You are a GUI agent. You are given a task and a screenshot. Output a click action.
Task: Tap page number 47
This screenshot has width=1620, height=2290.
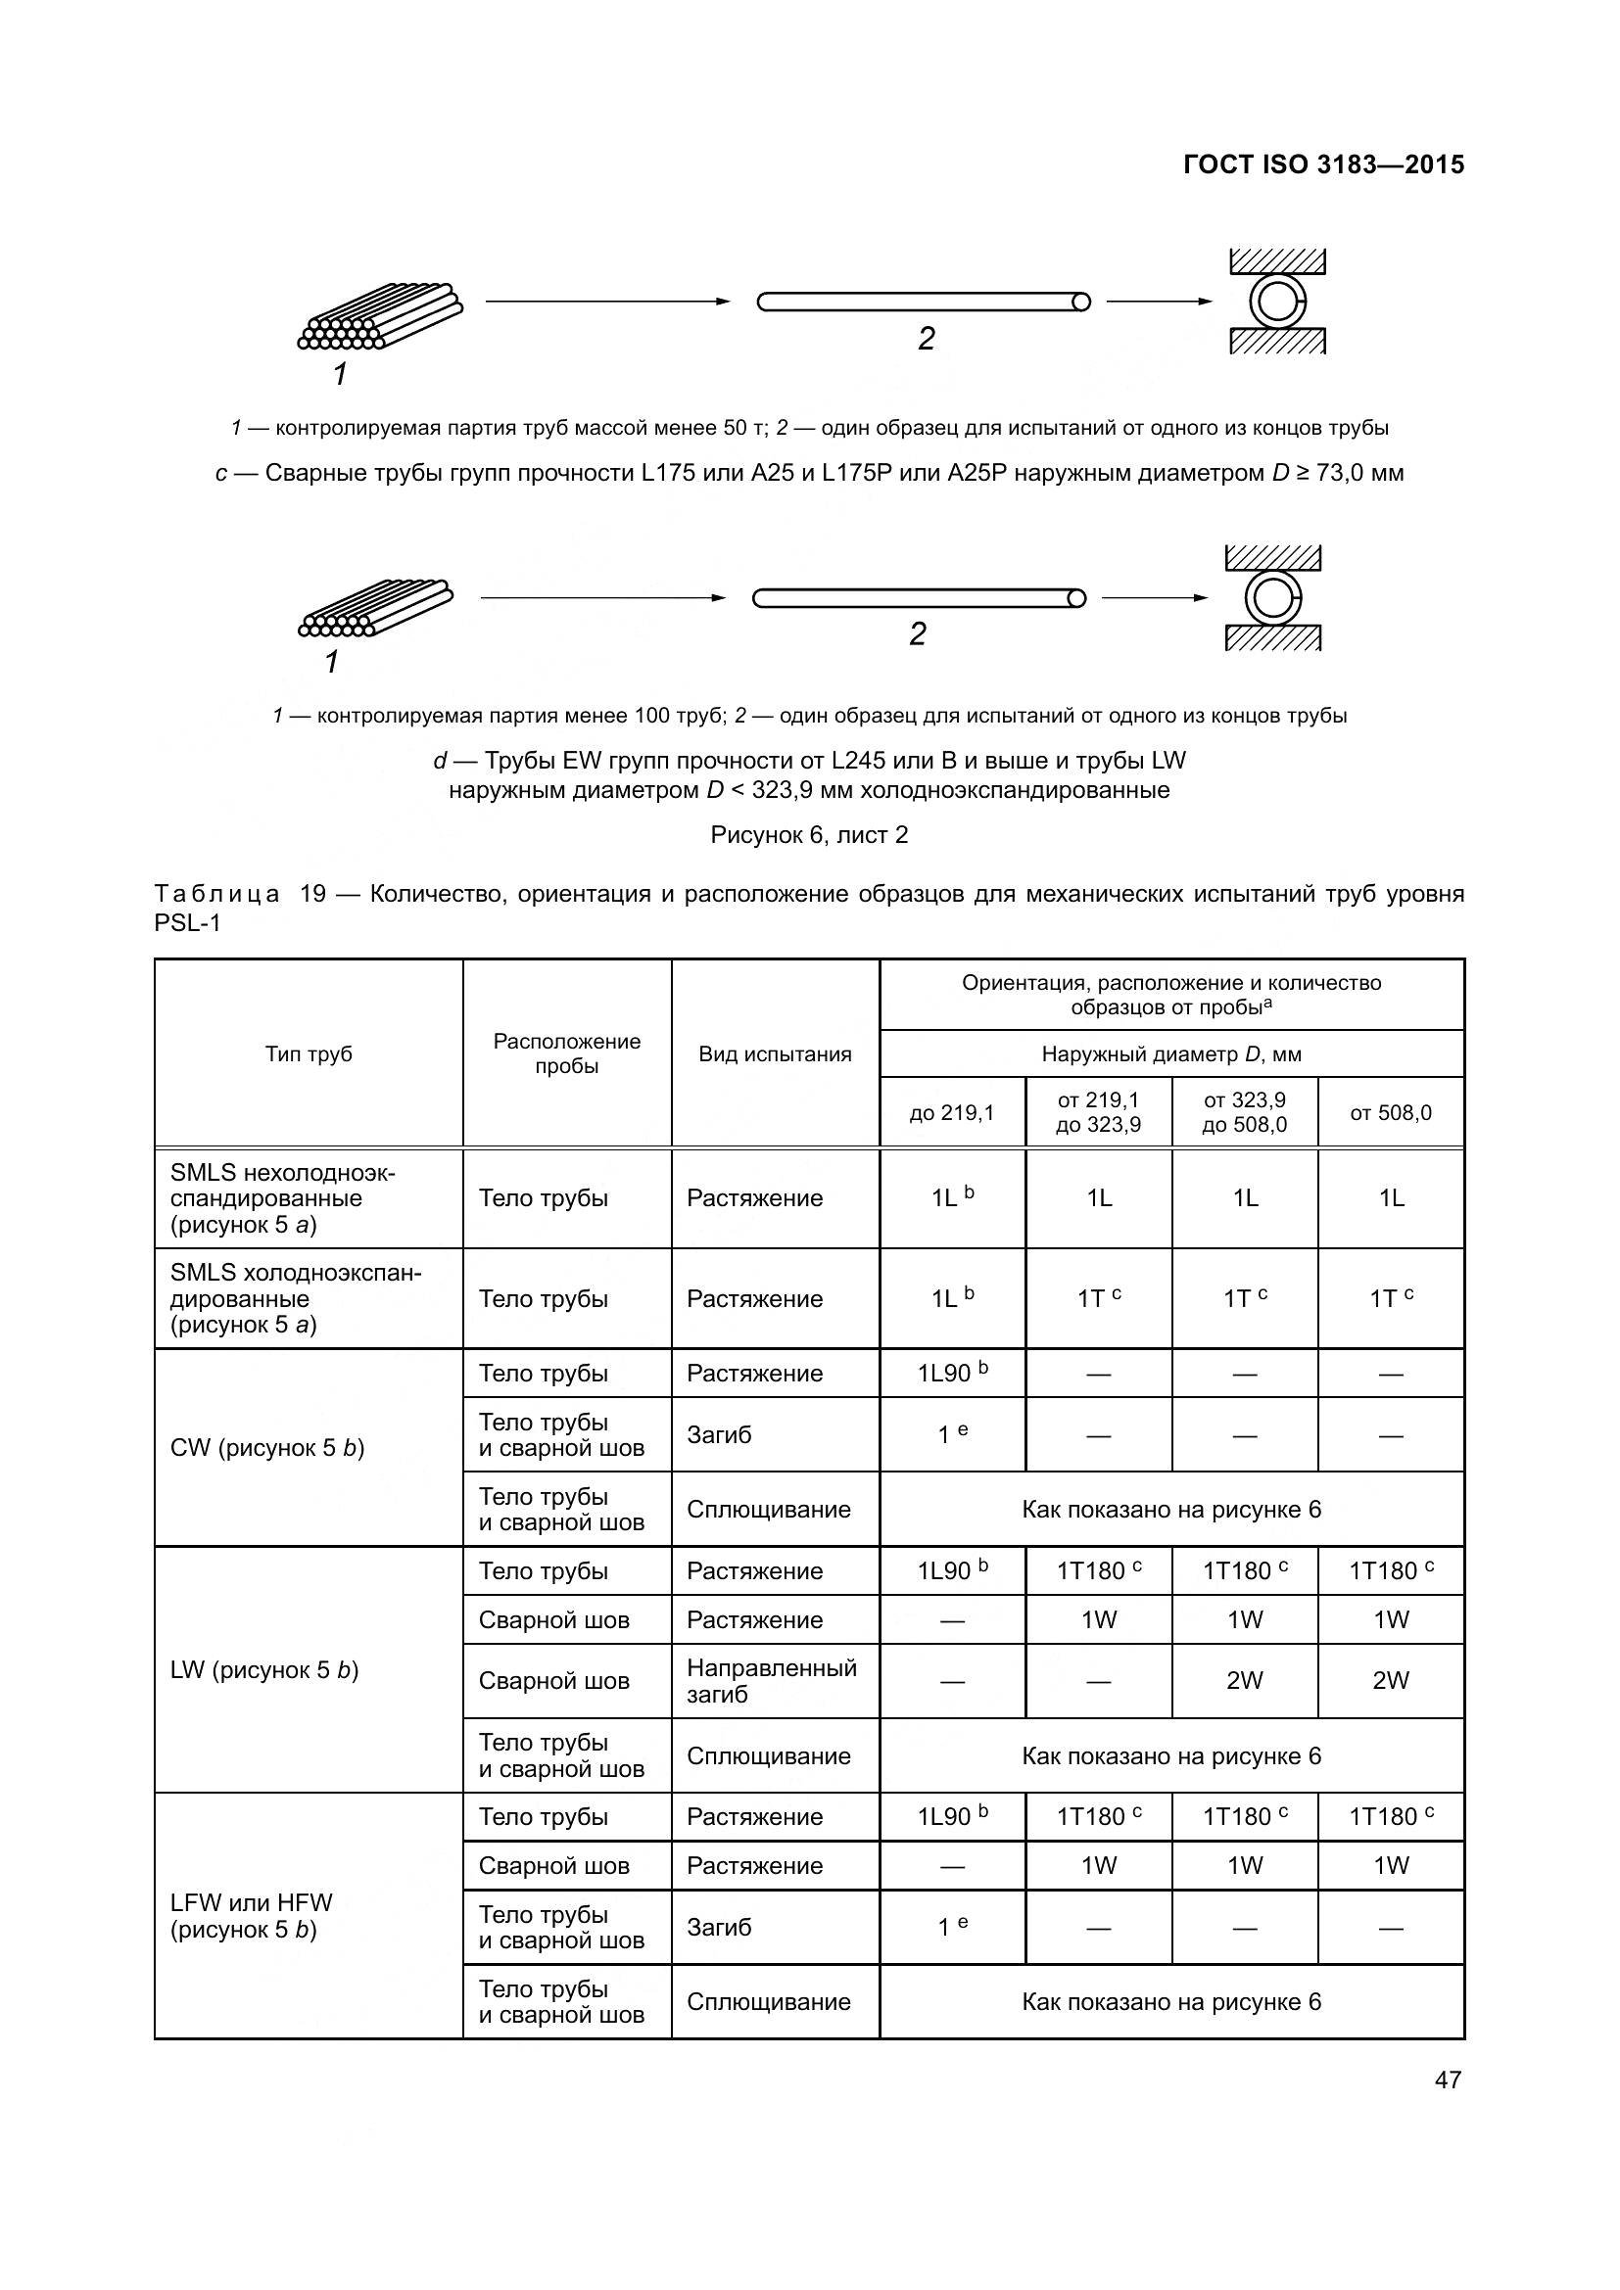[x=1448, y=2080]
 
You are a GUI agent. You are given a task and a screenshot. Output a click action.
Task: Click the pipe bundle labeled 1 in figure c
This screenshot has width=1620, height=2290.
[x=380, y=317]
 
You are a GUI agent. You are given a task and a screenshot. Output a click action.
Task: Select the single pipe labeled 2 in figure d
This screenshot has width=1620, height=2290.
[x=918, y=598]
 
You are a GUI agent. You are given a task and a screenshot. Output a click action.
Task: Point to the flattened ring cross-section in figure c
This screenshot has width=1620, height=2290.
[x=1277, y=302]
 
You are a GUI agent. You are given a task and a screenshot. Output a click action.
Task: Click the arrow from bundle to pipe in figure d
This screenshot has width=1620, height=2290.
[x=601, y=598]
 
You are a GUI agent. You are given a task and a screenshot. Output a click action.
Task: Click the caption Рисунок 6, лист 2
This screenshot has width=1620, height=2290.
[x=809, y=835]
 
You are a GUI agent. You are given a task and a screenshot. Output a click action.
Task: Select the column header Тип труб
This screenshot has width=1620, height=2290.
[x=309, y=1054]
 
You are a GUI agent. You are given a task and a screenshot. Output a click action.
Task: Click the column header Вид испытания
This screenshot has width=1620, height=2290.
[x=774, y=1054]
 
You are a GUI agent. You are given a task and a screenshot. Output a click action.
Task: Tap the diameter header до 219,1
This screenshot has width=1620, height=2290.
[x=952, y=1112]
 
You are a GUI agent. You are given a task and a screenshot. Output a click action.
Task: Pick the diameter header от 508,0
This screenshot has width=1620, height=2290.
[x=1391, y=1112]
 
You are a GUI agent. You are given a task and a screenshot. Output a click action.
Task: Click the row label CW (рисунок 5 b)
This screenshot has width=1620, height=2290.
[x=267, y=1448]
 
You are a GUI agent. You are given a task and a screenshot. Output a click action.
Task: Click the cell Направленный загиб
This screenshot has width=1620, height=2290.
[x=771, y=1681]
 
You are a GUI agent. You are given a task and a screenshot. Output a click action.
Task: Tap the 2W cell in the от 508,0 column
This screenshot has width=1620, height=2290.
[x=1391, y=1681]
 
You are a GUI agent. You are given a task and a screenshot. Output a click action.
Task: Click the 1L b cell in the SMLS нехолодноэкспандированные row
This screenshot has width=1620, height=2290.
[x=952, y=1197]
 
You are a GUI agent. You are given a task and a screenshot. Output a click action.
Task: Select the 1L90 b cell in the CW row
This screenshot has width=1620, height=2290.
[x=952, y=1374]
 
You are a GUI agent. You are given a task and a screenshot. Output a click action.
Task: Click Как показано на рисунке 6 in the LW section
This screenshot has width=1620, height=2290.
[x=1171, y=1755]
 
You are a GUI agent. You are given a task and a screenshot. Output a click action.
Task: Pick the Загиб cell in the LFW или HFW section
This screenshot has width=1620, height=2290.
[x=718, y=1927]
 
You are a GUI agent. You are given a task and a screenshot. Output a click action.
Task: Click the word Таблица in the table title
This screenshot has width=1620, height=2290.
[x=216, y=894]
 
